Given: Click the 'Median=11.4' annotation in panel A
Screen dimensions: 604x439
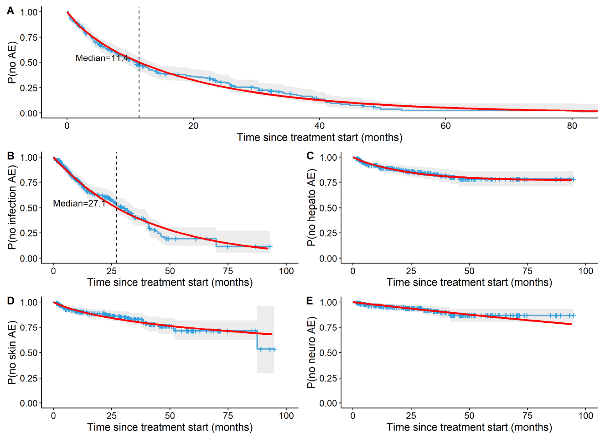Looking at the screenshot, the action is pos(102,58).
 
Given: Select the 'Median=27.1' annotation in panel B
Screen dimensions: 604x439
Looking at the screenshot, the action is pos(79,203).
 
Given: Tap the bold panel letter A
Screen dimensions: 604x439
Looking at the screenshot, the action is pos(11,11).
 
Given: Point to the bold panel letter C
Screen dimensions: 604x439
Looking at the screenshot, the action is pos(310,156).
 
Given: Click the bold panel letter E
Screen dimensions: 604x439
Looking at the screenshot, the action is pos(310,301).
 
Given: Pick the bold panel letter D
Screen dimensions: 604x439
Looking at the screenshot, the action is pos(11,301).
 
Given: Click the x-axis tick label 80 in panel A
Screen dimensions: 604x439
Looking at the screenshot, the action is pos(572,126).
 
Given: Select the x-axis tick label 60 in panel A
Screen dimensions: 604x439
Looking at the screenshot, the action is pos(445,126).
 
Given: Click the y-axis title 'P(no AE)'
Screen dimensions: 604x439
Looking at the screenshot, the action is pos(12,62).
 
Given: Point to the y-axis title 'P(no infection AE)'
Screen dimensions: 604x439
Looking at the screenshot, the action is pos(12,208).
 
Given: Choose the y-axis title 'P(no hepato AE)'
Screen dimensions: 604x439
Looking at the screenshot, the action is pos(311,208).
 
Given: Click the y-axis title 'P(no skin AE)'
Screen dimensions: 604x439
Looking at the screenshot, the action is pos(12,352).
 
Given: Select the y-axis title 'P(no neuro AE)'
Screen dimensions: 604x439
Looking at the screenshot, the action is pos(311,352).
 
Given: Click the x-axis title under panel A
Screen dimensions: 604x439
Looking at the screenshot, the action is pos(319,137).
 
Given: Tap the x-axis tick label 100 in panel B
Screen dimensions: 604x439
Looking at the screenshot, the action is pos(286,271).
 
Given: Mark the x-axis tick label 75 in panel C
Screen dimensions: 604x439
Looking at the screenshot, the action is pos(527,271).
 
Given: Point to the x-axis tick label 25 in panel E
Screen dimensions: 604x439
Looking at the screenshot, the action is pos(411,416).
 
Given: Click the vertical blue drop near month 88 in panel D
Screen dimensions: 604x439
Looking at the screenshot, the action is pos(258,340).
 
